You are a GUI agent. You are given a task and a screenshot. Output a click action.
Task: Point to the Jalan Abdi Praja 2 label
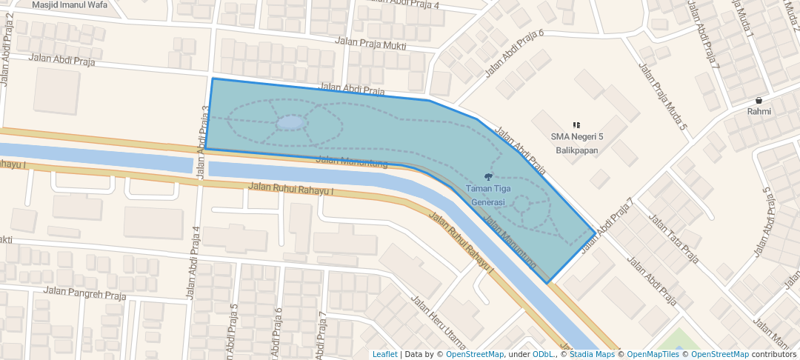[7, 60]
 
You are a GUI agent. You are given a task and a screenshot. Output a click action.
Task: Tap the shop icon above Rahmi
[759, 100]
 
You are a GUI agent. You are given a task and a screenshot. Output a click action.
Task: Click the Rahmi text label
[759, 112]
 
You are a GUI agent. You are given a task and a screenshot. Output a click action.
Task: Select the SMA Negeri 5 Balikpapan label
[577, 143]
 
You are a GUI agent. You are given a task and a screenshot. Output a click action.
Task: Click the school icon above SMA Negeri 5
[577, 124]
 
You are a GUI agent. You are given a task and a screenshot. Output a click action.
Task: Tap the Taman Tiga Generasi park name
[487, 196]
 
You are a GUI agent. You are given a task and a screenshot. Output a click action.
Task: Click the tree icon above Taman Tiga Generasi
[487, 176]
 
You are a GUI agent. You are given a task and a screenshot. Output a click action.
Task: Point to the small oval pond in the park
[291, 122]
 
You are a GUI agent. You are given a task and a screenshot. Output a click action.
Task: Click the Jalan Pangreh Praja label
[81, 290]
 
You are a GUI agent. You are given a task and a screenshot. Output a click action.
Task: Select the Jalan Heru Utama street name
[438, 323]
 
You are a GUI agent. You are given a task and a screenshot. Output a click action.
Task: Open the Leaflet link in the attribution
[384, 354]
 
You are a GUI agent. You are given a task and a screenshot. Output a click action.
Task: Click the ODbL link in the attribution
[543, 354]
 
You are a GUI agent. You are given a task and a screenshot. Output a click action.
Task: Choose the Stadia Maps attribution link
[592, 354]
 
